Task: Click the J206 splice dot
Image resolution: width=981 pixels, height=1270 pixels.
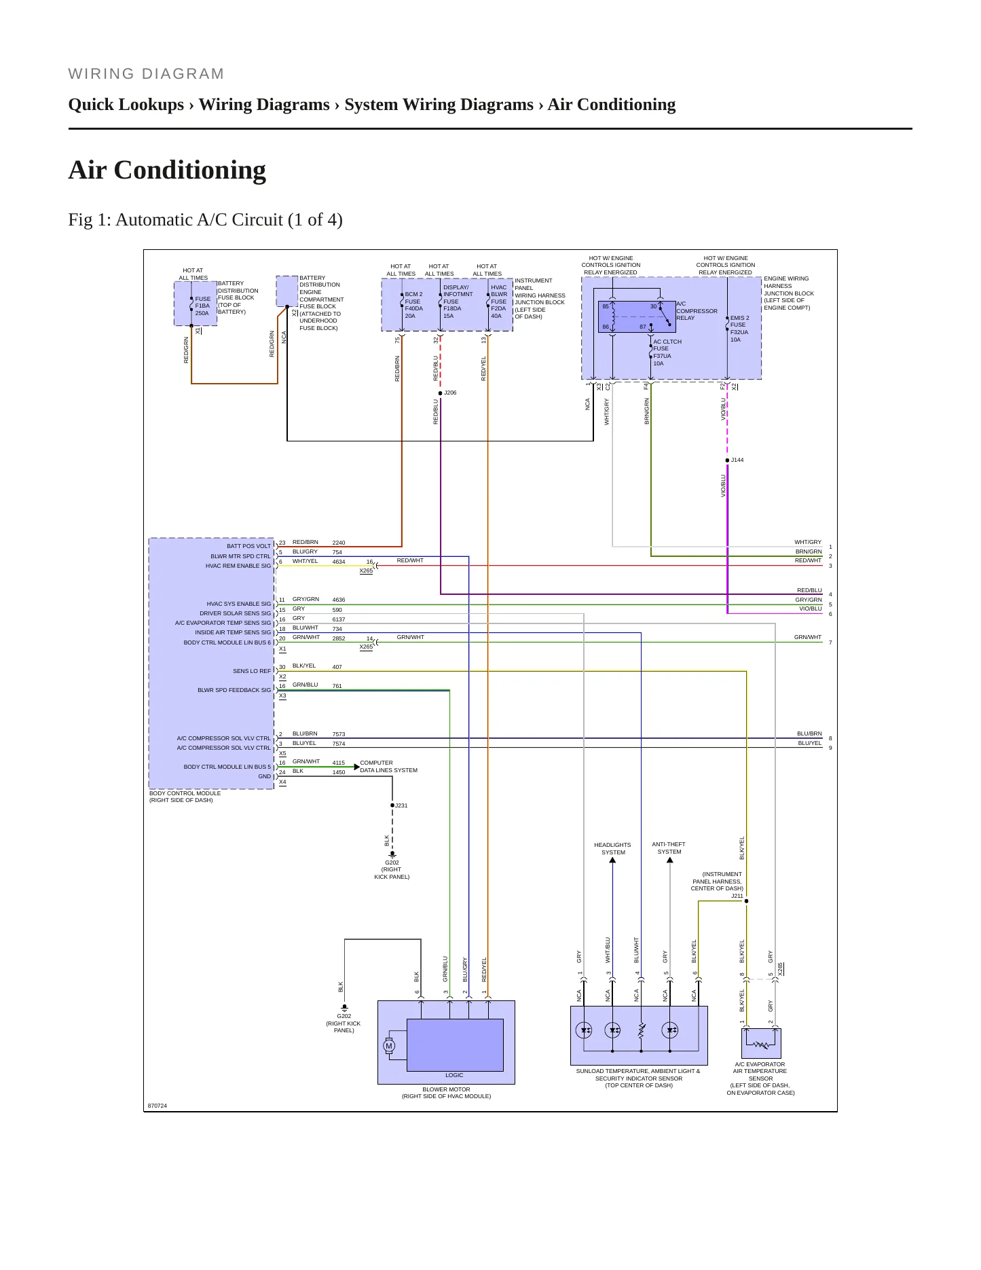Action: click(x=440, y=393)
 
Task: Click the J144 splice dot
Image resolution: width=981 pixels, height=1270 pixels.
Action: click(x=727, y=460)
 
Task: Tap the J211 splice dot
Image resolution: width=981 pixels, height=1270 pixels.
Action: click(x=747, y=901)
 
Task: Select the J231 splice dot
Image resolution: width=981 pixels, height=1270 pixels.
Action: click(x=392, y=805)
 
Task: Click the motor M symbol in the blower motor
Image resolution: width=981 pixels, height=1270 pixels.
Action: click(x=389, y=1046)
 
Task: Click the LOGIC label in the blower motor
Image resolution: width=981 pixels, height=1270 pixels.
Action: click(x=454, y=1075)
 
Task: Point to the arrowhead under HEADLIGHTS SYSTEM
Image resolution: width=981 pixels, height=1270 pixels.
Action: click(x=612, y=860)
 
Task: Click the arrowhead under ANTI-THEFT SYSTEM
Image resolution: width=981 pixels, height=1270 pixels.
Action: click(x=670, y=860)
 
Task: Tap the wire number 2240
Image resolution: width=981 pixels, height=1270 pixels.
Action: click(x=339, y=543)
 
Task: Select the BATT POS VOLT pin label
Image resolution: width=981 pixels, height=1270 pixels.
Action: click(x=248, y=546)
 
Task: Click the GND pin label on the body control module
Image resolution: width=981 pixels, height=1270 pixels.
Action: click(x=264, y=776)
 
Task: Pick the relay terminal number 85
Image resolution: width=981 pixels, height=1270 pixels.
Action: click(x=606, y=306)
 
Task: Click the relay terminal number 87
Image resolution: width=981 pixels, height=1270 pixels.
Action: click(x=643, y=327)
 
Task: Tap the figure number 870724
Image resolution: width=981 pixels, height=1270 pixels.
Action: click(x=158, y=1106)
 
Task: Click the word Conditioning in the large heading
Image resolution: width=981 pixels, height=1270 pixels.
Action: click(x=190, y=170)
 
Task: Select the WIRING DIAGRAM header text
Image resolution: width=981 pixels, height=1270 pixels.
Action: click(x=146, y=74)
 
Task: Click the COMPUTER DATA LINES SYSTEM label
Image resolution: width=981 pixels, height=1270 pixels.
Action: click(x=388, y=767)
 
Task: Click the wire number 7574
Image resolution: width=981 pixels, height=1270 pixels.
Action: click(x=339, y=744)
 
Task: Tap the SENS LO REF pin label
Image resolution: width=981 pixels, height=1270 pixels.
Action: click(x=252, y=671)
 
